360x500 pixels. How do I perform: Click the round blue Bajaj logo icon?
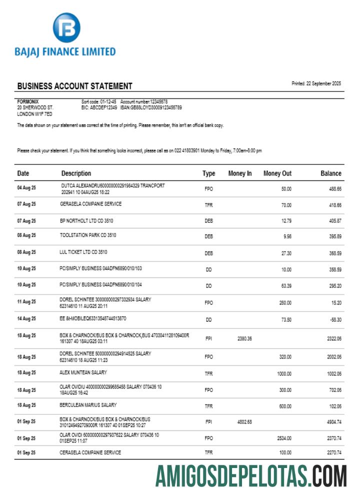coord(66,28)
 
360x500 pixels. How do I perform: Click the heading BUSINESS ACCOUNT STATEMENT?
coord(74,86)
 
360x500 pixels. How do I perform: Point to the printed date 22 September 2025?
coord(316,83)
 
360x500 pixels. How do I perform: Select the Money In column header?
coord(240,173)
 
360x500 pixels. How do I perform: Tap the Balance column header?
coord(330,173)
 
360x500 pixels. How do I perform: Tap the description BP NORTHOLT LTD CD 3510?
coord(87,219)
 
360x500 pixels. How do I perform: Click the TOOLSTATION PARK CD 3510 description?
coord(87,235)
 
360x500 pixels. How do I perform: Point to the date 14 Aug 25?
coord(26,318)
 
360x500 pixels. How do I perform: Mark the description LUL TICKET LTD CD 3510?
coord(83,252)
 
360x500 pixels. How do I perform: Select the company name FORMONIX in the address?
coord(27,101)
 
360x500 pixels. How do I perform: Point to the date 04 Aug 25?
coord(26,188)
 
